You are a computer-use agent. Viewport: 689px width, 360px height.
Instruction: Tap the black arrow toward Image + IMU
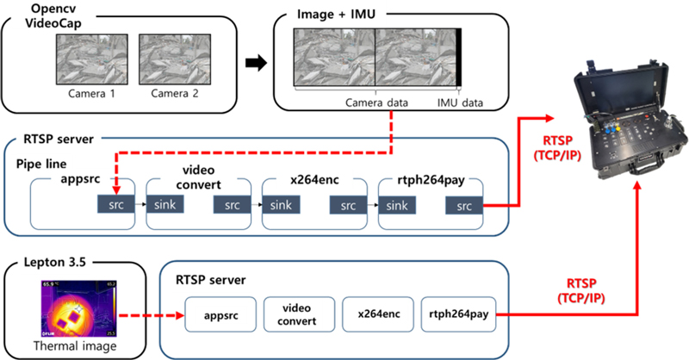[x=256, y=63]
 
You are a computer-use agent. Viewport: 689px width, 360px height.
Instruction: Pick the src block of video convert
[x=231, y=208]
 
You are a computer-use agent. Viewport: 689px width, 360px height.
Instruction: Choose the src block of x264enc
[x=347, y=208]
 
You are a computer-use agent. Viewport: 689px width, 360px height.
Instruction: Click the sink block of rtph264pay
[x=396, y=208]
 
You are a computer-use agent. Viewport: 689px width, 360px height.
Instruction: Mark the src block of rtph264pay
[x=463, y=208]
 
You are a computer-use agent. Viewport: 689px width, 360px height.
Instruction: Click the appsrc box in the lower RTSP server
[x=217, y=315]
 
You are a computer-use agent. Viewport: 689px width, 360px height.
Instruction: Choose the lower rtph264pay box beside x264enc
[x=456, y=315]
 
